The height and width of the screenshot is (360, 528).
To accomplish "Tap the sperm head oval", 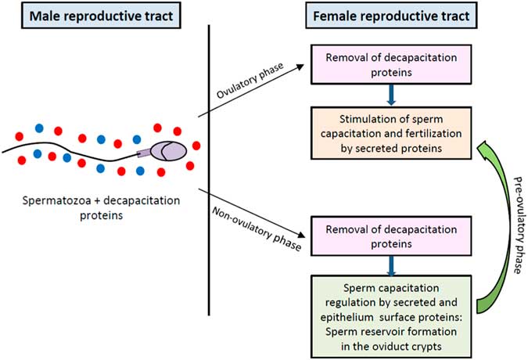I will (x=168, y=152).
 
